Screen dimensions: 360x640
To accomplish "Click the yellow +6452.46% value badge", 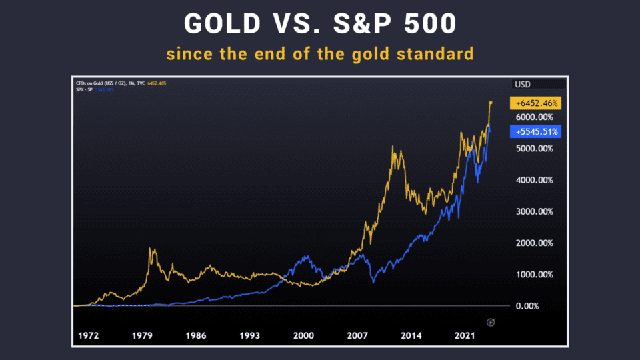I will click(x=535, y=103).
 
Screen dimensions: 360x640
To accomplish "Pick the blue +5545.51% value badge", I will click(x=535, y=131).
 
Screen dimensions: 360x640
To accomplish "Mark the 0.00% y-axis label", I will click(x=538, y=306).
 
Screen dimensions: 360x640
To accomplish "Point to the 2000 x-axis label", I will click(x=303, y=335).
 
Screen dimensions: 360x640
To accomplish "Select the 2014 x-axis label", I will click(x=411, y=335).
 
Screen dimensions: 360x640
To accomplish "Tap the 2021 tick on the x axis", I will click(x=465, y=335).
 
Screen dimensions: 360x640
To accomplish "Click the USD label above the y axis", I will click(x=523, y=85).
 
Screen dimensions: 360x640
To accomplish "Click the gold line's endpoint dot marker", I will click(x=491, y=103).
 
